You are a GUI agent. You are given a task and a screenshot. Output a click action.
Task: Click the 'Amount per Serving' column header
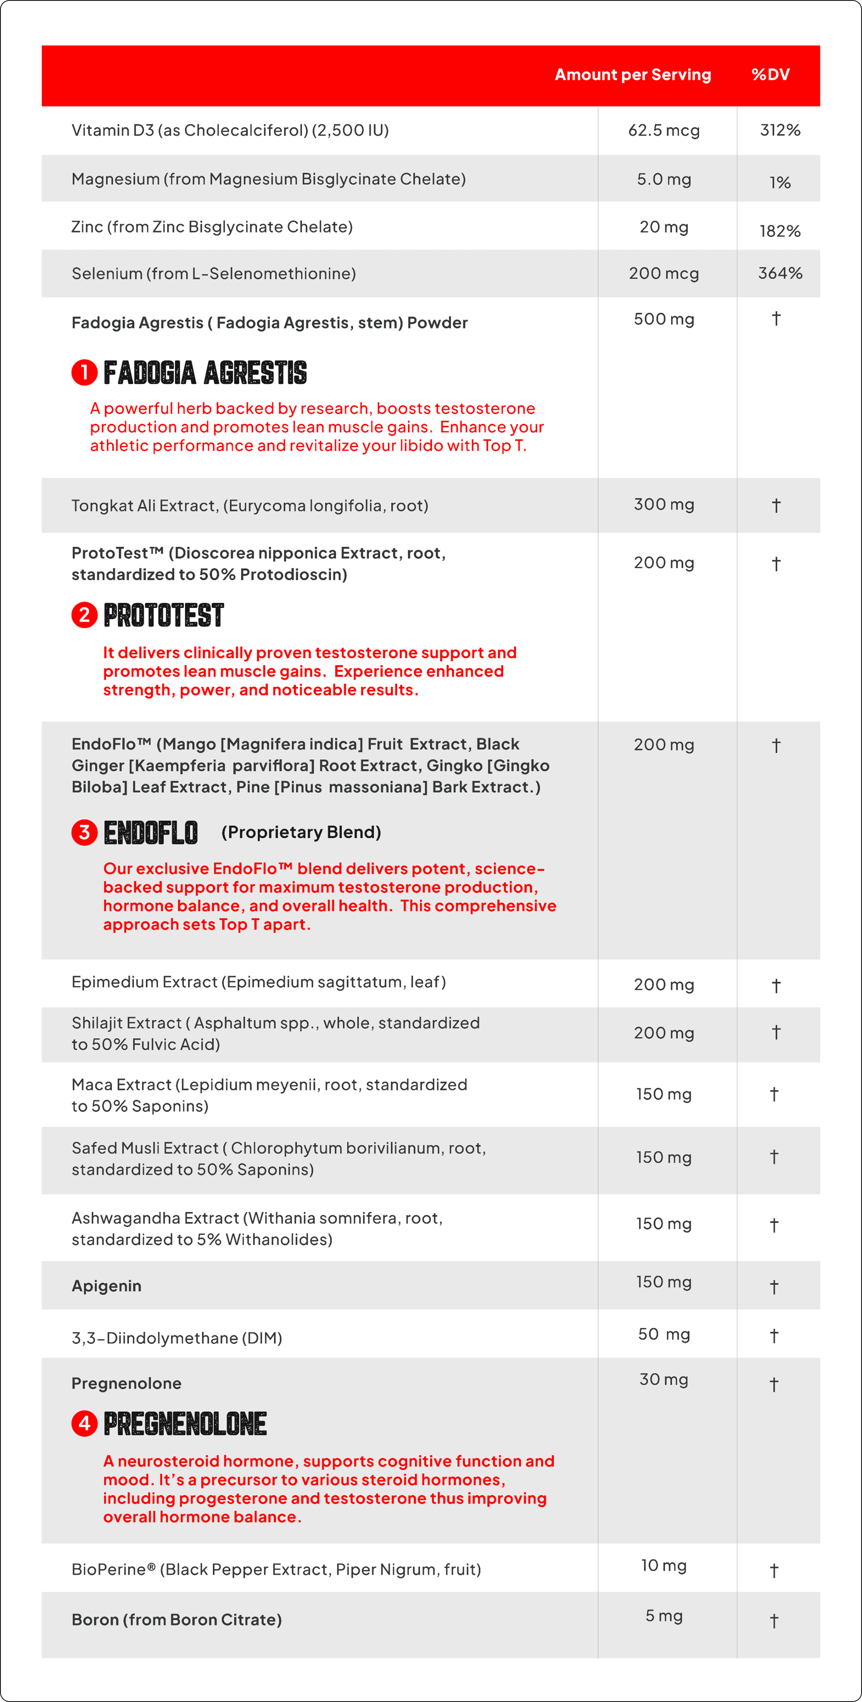633,75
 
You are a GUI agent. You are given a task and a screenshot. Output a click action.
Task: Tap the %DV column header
770,75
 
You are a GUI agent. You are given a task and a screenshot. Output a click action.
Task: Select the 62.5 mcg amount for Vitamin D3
664,130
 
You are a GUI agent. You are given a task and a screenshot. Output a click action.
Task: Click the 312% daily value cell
780,130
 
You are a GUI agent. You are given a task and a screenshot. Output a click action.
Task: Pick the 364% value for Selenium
780,273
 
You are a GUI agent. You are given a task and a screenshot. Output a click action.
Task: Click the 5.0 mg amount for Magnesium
664,179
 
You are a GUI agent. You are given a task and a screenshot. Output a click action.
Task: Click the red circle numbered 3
84,832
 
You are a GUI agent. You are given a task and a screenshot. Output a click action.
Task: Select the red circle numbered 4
84,1423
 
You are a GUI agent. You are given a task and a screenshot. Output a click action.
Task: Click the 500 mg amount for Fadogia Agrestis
664,319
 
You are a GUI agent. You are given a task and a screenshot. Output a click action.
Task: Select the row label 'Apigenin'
106,1286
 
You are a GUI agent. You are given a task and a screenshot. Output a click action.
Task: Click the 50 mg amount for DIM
664,1334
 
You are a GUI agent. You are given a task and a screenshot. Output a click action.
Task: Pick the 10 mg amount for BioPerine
664,1565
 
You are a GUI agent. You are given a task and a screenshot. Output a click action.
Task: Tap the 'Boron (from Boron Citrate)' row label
177,1619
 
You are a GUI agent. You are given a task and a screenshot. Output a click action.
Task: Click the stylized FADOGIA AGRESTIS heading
205,373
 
